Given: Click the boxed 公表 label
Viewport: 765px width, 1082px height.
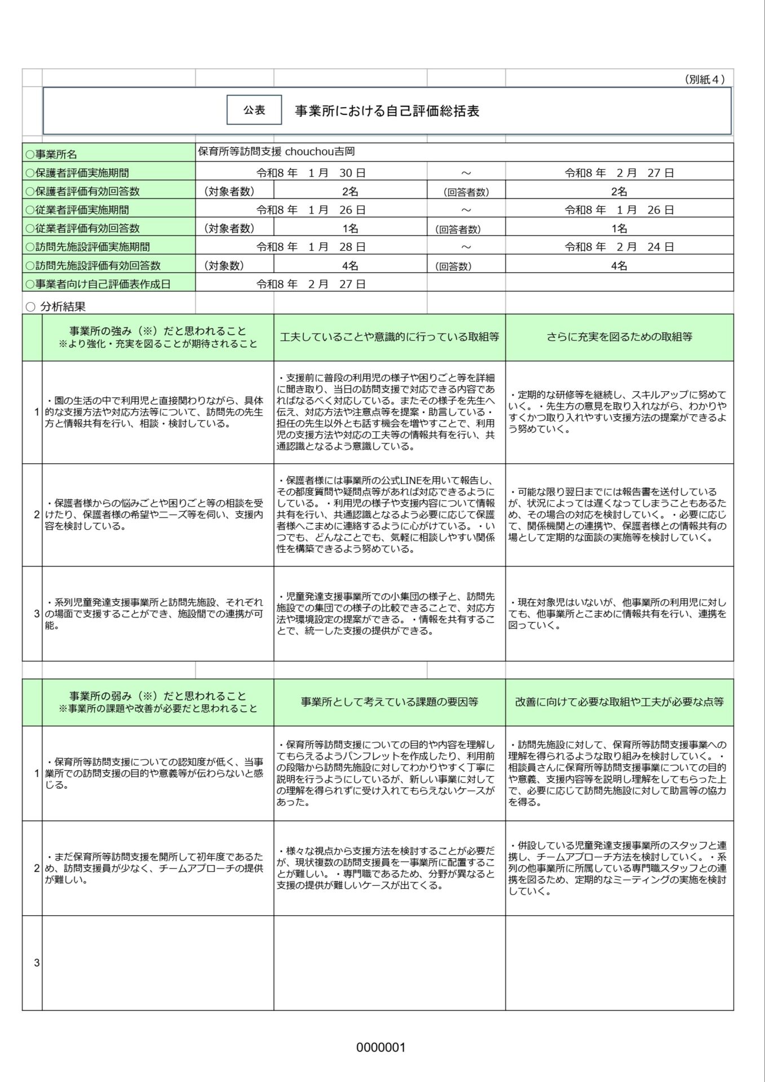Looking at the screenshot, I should point(254,110).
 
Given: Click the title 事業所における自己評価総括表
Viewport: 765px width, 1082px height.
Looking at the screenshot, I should point(387,111).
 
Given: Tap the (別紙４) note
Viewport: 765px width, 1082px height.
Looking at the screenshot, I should point(704,79).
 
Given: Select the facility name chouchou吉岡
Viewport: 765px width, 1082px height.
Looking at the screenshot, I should point(276,152).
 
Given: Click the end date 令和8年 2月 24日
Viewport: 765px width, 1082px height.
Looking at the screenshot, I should point(619,247).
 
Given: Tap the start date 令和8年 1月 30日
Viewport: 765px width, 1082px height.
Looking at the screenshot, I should point(311,173).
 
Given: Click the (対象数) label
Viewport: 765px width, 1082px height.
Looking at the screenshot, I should point(224,265).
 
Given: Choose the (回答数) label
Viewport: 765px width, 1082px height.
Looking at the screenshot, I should point(453,266).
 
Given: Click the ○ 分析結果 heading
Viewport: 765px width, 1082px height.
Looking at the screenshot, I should point(56,307).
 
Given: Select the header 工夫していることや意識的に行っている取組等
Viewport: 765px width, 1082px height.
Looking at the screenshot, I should point(389,337).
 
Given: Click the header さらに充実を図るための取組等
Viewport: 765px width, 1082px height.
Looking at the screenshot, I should point(619,337).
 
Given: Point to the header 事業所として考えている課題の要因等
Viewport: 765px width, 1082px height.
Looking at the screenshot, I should point(389,702).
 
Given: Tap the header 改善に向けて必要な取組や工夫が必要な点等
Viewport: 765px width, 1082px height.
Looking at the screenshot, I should point(619,702).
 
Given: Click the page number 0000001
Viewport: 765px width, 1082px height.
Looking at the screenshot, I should point(381,1048).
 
